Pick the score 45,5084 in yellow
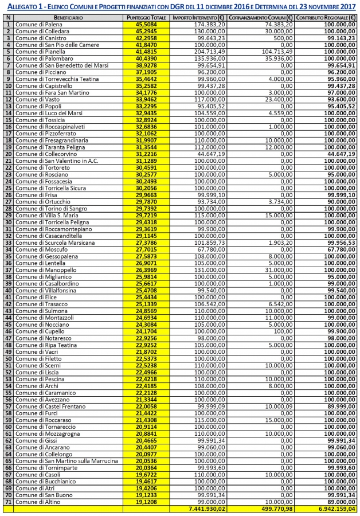(147, 25)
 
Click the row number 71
(8, 502)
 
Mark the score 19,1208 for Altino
(147, 502)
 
